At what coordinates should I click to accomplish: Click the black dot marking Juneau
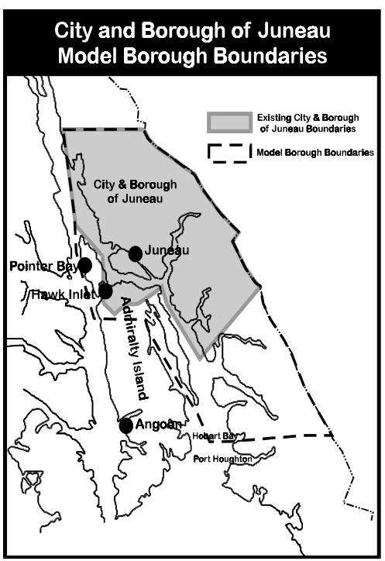136,253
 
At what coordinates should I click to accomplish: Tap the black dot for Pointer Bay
85,265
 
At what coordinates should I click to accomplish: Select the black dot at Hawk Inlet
105,291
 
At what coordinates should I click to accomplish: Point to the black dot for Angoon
126,425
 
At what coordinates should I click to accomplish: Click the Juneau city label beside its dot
167,250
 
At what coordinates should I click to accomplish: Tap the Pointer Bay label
43,267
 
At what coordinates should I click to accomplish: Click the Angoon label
159,424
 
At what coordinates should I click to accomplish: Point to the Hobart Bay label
214,437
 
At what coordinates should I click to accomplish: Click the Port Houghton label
223,459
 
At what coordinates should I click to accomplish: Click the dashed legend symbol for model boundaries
229,153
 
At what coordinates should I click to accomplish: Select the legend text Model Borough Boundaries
315,153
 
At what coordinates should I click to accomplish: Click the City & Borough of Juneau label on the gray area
135,191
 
